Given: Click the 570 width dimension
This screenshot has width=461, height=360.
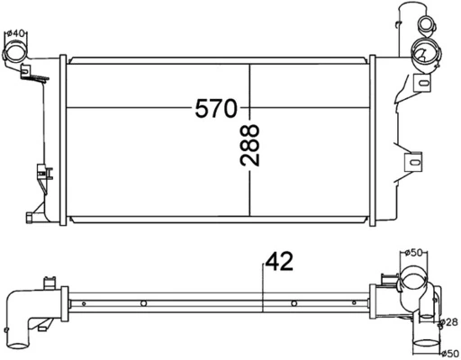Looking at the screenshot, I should pos(216,109).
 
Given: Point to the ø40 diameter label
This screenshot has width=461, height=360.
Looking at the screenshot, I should pos(15,34).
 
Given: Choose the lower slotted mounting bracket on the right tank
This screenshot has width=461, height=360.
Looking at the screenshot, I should pos(414,162).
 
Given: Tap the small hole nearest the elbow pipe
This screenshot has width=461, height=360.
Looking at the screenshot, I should pos(84,304).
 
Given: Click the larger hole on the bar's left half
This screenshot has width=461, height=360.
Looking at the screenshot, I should pos(145,303).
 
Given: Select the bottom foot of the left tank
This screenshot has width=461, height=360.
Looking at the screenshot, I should pos(32,217).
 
